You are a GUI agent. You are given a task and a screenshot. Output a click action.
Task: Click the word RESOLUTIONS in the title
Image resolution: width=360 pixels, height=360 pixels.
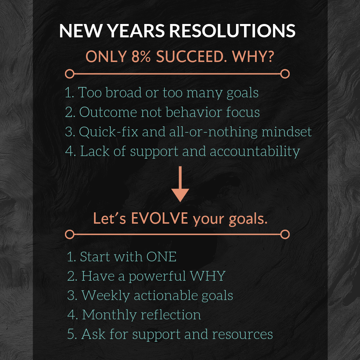(x=232, y=30)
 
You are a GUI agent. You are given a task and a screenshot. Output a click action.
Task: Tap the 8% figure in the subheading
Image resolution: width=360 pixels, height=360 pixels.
(x=141, y=56)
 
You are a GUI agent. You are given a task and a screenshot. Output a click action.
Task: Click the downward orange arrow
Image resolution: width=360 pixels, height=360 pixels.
(x=180, y=184)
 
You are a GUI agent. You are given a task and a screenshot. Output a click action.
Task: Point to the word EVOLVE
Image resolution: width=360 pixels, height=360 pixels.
(x=160, y=218)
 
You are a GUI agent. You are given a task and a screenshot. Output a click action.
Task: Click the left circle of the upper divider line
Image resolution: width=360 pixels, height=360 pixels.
(x=70, y=74)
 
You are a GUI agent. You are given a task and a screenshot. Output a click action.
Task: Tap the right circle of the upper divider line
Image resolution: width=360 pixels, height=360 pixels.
(x=285, y=74)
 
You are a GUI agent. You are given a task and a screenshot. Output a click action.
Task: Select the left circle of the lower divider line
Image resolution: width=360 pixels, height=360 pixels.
(x=70, y=234)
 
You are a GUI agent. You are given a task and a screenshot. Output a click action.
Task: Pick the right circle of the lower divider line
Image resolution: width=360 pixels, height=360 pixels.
(x=285, y=234)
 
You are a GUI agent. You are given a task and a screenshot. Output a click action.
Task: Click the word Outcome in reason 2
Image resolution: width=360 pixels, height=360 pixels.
(x=108, y=112)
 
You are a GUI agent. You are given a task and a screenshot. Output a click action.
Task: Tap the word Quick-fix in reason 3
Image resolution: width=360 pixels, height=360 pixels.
(x=108, y=132)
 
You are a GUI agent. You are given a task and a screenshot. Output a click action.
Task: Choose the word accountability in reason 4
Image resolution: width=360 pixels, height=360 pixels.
(x=255, y=152)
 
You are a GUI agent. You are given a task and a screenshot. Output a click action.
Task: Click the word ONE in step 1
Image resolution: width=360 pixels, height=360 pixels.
(x=161, y=256)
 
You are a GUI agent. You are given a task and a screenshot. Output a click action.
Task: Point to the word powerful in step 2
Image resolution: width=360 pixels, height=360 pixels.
(x=157, y=276)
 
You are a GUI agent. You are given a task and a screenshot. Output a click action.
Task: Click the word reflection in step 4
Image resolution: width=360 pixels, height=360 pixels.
(x=171, y=315)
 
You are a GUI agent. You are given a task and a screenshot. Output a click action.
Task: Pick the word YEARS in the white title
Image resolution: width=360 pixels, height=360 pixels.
(x=136, y=30)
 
